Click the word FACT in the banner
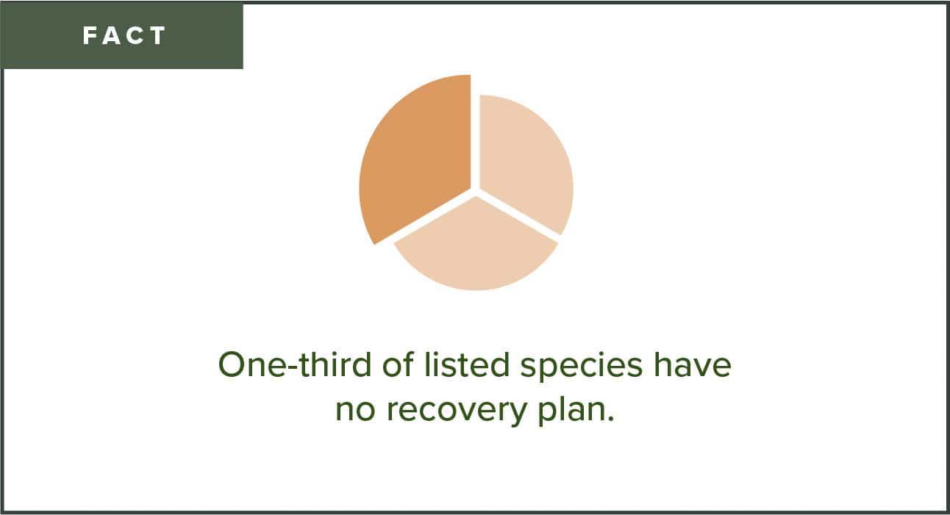[x=124, y=36]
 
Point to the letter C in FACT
[x=136, y=36]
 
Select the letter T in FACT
[x=158, y=36]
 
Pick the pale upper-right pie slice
[x=524, y=162]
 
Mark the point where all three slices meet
[x=474, y=192]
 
